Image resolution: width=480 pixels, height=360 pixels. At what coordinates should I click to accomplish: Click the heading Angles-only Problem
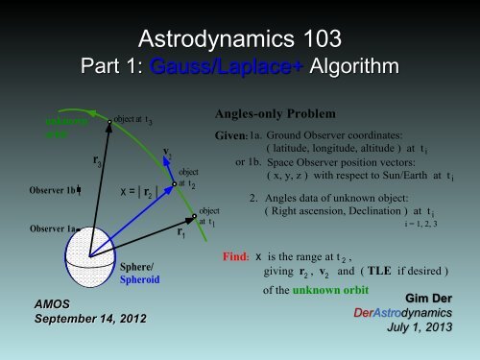[x=270, y=111]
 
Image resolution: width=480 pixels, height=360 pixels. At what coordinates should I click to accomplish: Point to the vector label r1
[x=181, y=232]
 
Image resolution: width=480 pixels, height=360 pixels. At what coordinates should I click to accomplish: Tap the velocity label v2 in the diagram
[x=168, y=154]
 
